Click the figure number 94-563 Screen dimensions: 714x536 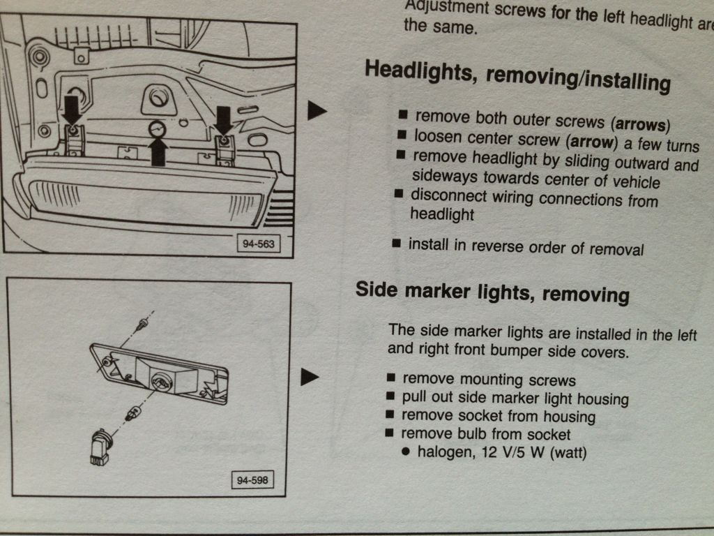[258, 244]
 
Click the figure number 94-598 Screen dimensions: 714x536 [252, 480]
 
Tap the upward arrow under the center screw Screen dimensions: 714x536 [158, 151]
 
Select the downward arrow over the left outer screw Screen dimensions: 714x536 [72, 110]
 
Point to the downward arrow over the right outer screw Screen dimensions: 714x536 [223, 120]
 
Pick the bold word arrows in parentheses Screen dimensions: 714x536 [641, 124]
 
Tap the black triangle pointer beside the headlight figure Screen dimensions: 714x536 [317, 111]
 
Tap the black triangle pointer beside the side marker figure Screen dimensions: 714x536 [310, 377]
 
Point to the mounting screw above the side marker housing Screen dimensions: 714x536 [142, 325]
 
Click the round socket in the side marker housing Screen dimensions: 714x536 [161, 382]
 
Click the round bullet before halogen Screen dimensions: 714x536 [407, 452]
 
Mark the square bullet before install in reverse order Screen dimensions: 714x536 [397, 244]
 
